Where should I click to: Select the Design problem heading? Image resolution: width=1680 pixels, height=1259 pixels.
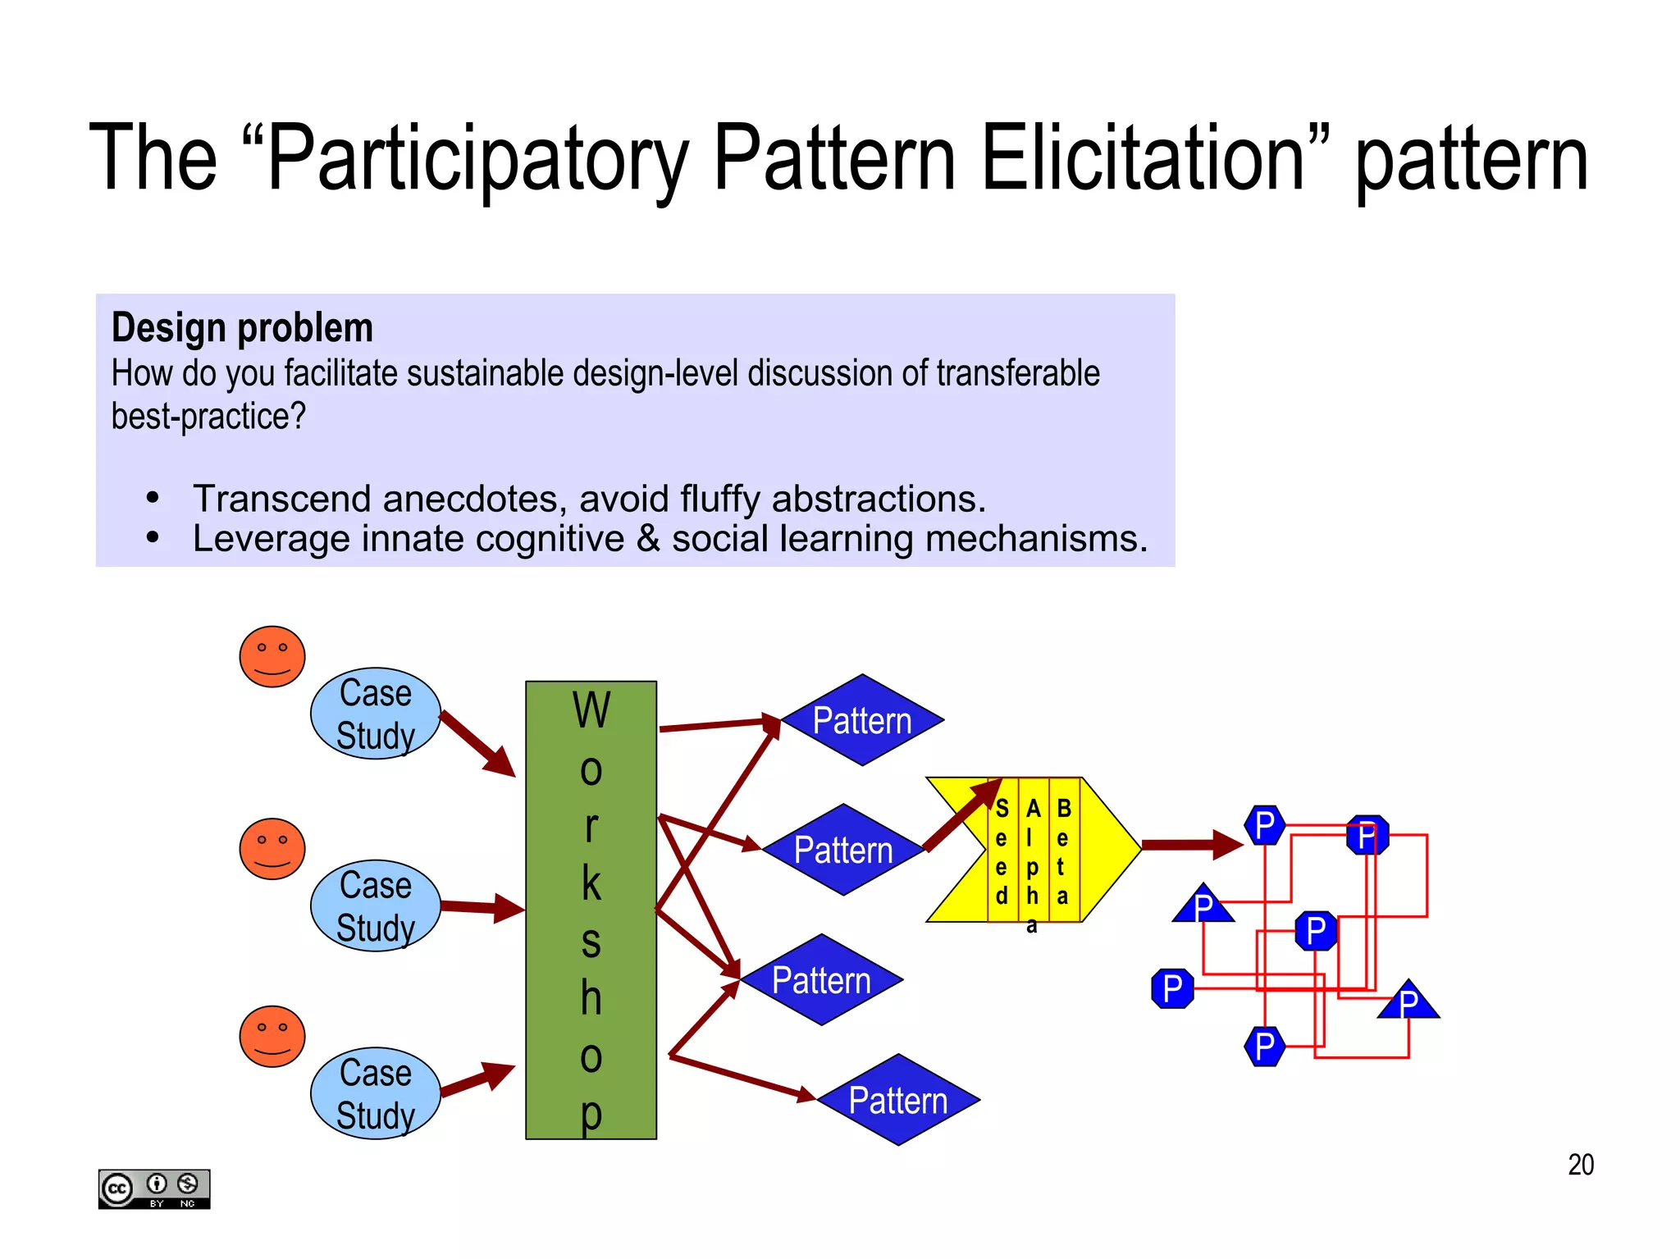pos(242,328)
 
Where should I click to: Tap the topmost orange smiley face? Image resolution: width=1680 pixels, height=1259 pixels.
pos(272,657)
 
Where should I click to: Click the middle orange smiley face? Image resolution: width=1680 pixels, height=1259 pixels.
pos(272,849)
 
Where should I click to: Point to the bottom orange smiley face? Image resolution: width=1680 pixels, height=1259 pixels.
pos(272,1037)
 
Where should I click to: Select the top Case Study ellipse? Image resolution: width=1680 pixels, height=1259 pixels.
pos(376,714)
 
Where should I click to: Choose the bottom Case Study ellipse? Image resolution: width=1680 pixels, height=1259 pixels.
pos(376,1093)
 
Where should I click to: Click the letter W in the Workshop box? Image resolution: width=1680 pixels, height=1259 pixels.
pos(591,710)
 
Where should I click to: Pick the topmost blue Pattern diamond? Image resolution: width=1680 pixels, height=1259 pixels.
pos(862,720)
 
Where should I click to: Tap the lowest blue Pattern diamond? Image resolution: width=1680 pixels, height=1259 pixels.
pos(898,1100)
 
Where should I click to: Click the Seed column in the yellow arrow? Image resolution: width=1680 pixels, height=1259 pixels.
pos(1002,851)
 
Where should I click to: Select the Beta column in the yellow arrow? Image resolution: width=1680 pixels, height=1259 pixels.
pos(1063,851)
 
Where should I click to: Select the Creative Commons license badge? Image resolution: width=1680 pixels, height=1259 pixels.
pos(154,1188)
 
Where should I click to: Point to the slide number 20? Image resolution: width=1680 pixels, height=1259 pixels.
pos(1580,1165)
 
